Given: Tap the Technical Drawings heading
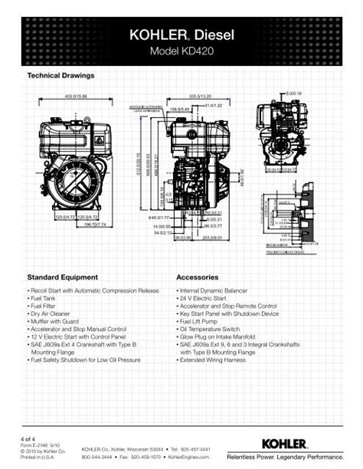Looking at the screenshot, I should click(x=60, y=76).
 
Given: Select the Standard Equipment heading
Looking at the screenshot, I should click(x=63, y=276).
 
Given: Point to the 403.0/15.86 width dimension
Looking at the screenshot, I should click(x=76, y=97).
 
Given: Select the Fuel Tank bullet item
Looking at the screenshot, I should click(x=47, y=299).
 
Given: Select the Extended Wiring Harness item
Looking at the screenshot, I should click(x=214, y=358).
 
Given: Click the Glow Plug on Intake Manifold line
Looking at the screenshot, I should click(x=218, y=336).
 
